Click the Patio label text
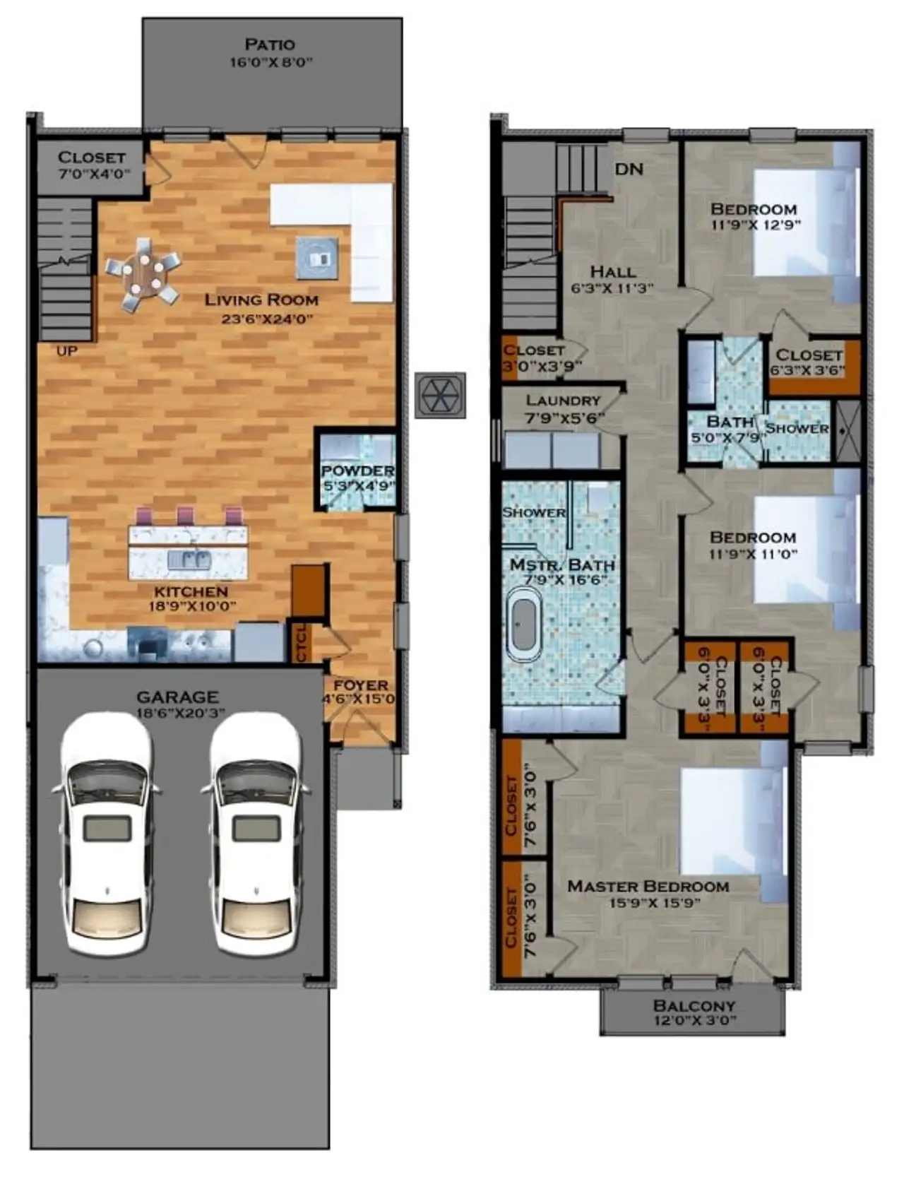click(x=270, y=45)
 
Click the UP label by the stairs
click(x=66, y=351)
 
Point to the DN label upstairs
click(x=629, y=169)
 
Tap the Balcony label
click(x=694, y=1005)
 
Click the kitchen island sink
click(x=189, y=560)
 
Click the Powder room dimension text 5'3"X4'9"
click(x=357, y=486)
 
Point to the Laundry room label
click(x=563, y=401)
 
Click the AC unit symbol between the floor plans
click(x=440, y=394)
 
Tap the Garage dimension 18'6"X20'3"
click(x=177, y=714)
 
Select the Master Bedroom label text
click(x=648, y=886)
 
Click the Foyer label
click(x=360, y=685)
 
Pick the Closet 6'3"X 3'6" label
click(x=809, y=369)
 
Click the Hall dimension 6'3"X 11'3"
click(x=612, y=288)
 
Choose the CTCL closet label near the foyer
click(x=302, y=641)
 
